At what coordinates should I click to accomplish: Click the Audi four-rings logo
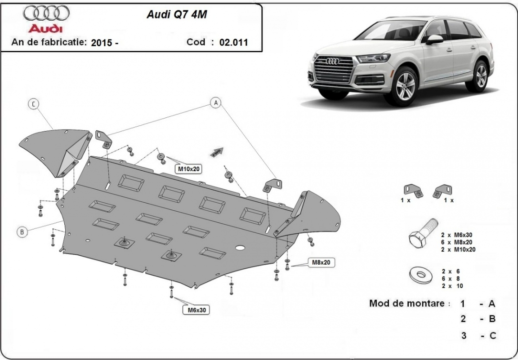click(x=46, y=14)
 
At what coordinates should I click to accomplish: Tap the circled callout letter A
click(x=216, y=103)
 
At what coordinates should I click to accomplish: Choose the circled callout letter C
click(x=33, y=104)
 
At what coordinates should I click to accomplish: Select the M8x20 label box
click(x=322, y=262)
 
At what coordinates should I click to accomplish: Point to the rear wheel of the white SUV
click(x=481, y=76)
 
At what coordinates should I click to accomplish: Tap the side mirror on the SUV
click(x=434, y=40)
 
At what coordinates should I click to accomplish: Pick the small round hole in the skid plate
click(x=240, y=248)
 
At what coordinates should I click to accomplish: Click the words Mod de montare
click(x=409, y=303)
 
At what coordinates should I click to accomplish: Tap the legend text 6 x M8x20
click(x=458, y=242)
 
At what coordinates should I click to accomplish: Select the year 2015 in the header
click(x=102, y=43)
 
